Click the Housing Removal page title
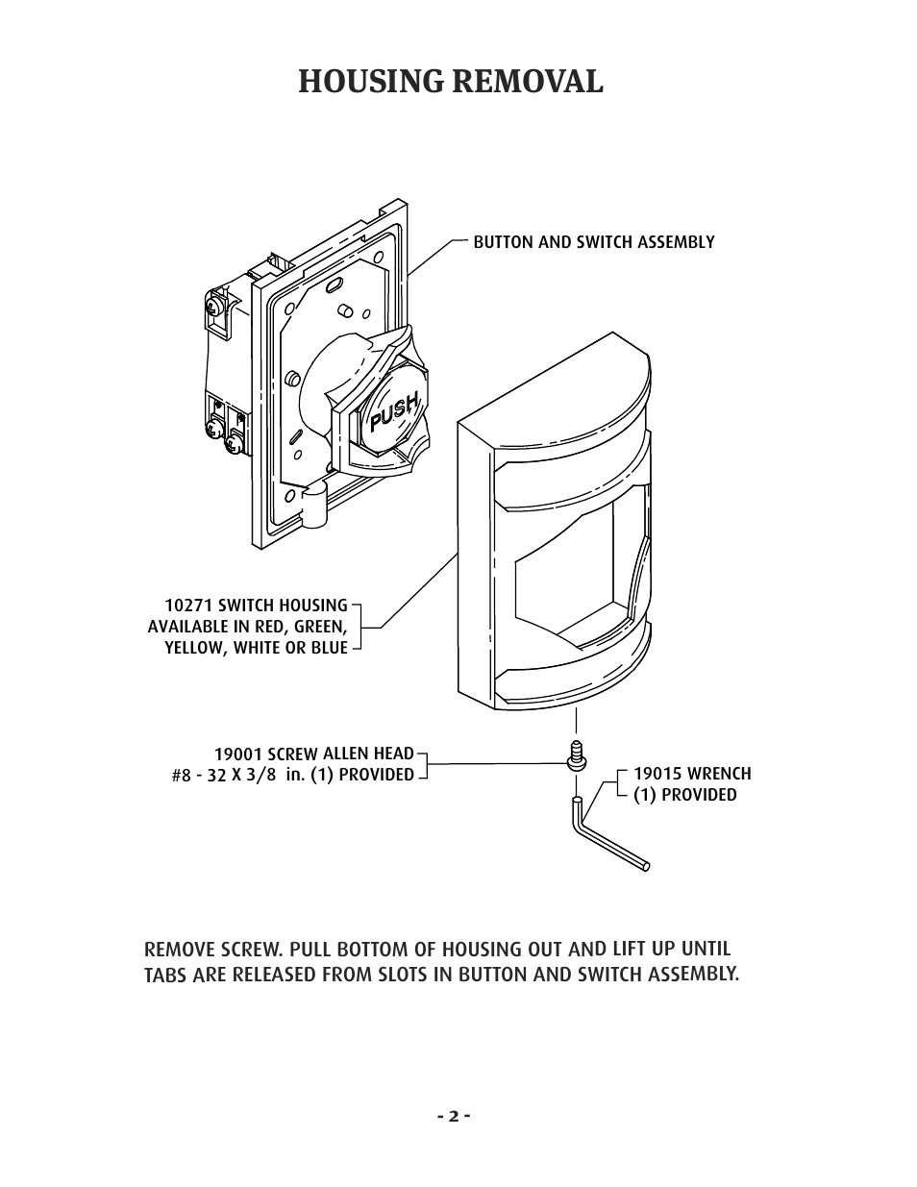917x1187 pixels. point(451,83)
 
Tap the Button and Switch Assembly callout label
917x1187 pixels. point(593,242)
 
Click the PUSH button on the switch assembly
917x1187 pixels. point(392,413)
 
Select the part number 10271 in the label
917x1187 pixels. point(188,606)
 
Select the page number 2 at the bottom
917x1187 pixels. point(452,1117)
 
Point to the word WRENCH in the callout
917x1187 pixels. point(719,774)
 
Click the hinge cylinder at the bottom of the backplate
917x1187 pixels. point(313,506)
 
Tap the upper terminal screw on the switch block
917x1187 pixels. point(213,307)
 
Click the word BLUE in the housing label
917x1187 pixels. point(329,648)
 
